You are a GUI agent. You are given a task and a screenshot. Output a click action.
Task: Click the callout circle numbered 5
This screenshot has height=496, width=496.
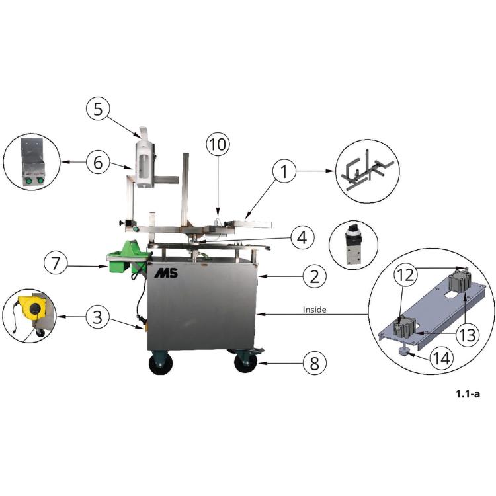(x=98, y=109)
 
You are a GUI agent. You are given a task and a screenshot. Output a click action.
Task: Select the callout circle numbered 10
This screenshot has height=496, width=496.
(x=218, y=144)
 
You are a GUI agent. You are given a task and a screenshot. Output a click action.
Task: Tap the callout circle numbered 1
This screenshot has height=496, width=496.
(x=284, y=171)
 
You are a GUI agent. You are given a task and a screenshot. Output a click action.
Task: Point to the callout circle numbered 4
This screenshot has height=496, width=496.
(x=302, y=237)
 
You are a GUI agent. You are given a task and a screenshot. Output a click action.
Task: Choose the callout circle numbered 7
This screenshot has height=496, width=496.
(x=56, y=263)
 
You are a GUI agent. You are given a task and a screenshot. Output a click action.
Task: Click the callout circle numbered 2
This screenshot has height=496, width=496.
(x=314, y=276)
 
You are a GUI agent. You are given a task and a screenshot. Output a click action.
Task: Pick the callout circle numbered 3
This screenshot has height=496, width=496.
(x=98, y=317)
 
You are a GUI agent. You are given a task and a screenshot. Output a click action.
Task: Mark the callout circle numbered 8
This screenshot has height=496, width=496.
(x=314, y=364)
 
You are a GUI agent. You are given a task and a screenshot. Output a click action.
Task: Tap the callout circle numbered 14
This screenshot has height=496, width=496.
(x=442, y=358)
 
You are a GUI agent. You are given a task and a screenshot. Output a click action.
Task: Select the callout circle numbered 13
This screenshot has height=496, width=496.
(x=467, y=335)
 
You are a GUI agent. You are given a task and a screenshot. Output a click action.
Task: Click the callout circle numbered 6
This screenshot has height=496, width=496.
(x=98, y=163)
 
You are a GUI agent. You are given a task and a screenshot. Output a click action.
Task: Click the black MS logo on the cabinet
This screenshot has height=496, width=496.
(x=167, y=274)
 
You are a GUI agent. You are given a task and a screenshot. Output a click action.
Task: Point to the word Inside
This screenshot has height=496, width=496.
(x=314, y=310)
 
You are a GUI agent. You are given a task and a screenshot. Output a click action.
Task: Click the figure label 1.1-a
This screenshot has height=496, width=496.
(x=468, y=394)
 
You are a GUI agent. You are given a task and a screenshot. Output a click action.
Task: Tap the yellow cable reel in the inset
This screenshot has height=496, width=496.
(x=31, y=306)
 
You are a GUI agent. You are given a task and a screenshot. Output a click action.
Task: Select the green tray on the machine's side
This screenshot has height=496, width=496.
(x=128, y=256)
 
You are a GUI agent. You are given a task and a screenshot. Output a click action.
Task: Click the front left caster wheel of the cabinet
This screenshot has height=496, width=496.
(x=161, y=362)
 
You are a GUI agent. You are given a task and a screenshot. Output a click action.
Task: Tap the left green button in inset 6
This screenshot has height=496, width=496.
(x=28, y=181)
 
